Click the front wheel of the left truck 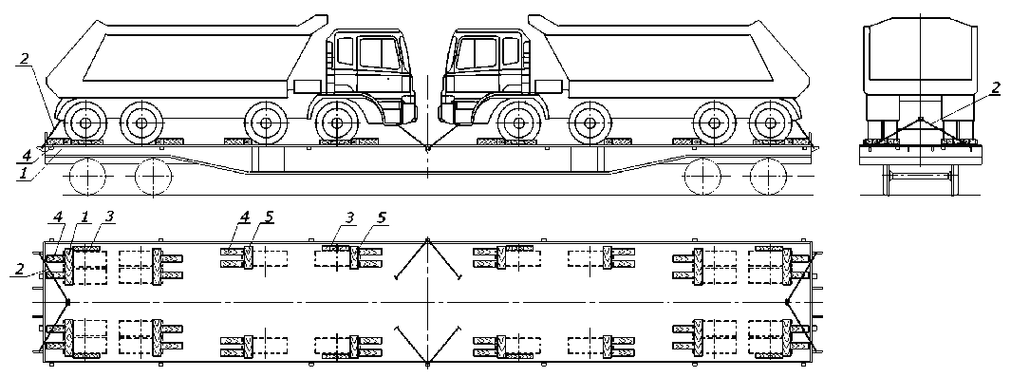pyautogui.click(x=337, y=122)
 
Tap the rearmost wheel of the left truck pyautogui.click(x=85, y=122)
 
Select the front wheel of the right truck pyautogui.click(x=518, y=122)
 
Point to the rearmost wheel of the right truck pyautogui.click(x=770, y=122)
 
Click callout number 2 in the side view pyautogui.click(x=24, y=59)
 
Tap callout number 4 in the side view pyautogui.click(x=26, y=156)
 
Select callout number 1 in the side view pyautogui.click(x=23, y=172)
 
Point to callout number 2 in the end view pyautogui.click(x=996, y=87)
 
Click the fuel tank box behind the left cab pyautogui.click(x=307, y=86)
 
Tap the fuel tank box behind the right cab pyautogui.click(x=549, y=86)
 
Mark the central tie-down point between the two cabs pyautogui.click(x=427, y=147)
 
